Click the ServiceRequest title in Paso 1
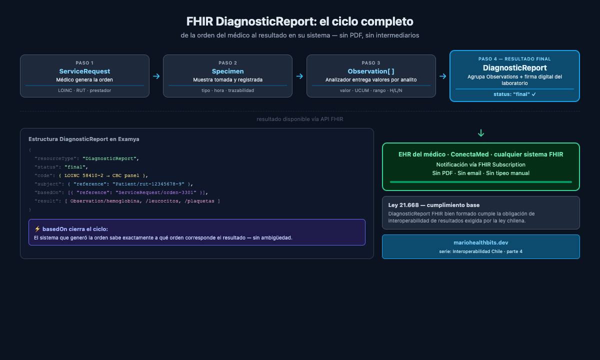pos(84,71)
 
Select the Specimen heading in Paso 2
pos(227,71)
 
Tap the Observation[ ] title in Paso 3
pos(371,71)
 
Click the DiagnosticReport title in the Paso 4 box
pos(514,68)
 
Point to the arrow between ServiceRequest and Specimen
pos(156,76)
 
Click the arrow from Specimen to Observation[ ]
pos(299,76)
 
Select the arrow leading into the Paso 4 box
pos(442,76)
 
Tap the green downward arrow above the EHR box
pos(481,133)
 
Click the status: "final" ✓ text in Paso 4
pos(514,94)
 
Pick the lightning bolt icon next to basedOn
pos(37,229)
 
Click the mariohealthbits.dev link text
pos(480,242)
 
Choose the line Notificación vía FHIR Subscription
pos(480,164)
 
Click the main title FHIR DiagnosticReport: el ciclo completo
pos(300,22)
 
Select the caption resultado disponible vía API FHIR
pos(300,119)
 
